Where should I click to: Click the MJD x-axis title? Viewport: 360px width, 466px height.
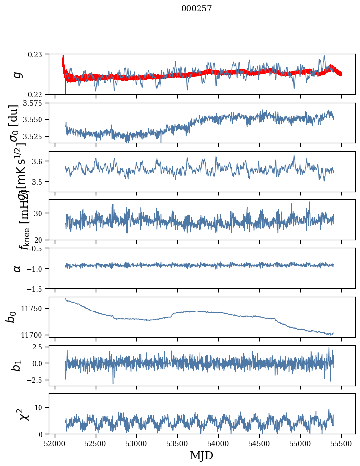[201, 455]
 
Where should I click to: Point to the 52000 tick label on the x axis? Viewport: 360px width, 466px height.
[55, 443]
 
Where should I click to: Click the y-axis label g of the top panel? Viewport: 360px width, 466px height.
[17, 74]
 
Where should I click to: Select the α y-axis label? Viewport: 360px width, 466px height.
[17, 268]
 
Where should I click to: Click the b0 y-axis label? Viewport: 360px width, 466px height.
[12, 316]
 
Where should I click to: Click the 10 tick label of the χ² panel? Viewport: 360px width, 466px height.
[40, 407]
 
